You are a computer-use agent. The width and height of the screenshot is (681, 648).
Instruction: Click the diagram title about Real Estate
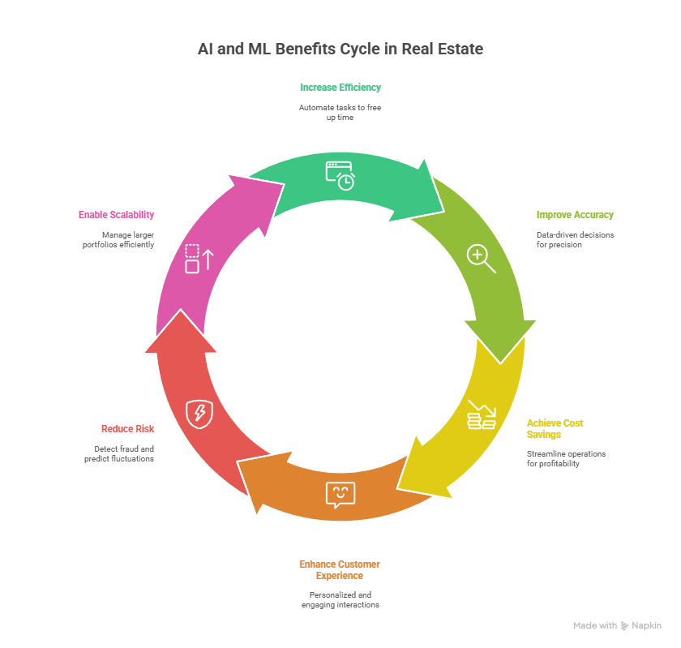[x=340, y=49]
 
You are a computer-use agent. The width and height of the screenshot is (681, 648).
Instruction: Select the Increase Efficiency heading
[x=340, y=88]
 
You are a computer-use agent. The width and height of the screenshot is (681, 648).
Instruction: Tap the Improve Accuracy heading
[x=575, y=215]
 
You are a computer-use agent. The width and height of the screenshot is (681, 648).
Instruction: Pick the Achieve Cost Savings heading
[x=555, y=428]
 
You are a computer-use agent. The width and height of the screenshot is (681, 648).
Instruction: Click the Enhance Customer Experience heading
[x=340, y=570]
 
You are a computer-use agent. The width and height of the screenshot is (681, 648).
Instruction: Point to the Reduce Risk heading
[x=128, y=429]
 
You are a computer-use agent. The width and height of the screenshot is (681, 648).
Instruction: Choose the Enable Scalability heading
[x=117, y=215]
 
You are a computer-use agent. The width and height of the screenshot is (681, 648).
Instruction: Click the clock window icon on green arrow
[x=340, y=175]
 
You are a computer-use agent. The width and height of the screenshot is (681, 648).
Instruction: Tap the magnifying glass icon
[x=482, y=259]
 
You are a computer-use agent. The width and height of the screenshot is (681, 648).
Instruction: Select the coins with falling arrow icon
[x=482, y=414]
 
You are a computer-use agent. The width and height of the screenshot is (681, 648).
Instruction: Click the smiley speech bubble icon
[x=340, y=495]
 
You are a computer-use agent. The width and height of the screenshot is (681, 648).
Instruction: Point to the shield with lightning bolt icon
[x=199, y=414]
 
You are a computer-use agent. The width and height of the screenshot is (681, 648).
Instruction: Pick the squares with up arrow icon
[x=199, y=259]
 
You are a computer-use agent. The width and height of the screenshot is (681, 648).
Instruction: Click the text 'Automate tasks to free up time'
[x=340, y=113]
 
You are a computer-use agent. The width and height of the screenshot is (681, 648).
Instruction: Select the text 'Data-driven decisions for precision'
[x=575, y=240]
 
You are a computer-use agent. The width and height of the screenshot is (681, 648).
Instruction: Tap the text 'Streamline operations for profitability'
[x=567, y=458]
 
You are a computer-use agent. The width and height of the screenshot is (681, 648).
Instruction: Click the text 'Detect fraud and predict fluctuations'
[x=119, y=453]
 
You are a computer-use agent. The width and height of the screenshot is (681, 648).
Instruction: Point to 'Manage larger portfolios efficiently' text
[x=118, y=240]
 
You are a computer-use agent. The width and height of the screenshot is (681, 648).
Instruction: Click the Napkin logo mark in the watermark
[x=624, y=626]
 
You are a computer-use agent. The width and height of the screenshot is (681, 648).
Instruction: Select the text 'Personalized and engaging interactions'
[x=340, y=600]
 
